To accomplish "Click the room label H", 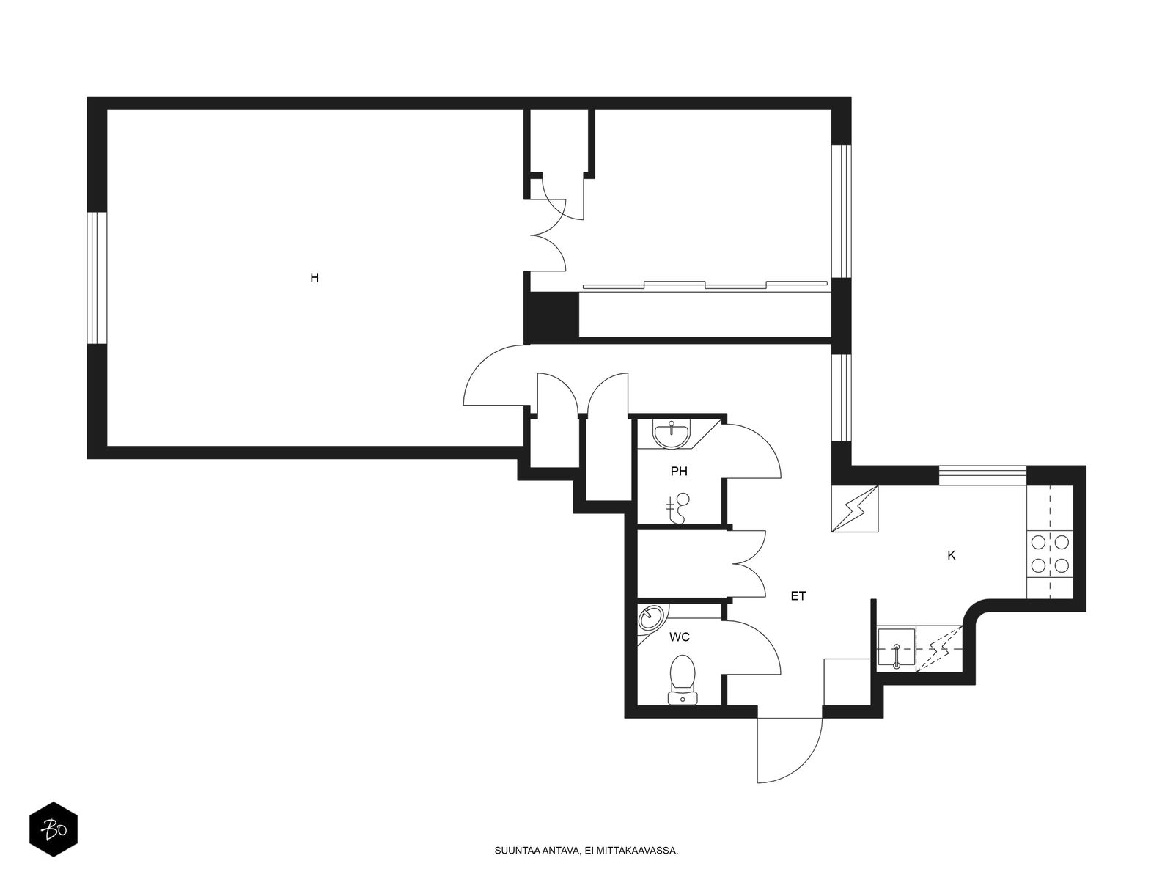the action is [315, 278].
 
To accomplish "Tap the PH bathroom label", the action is [679, 472].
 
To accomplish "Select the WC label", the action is [679, 637].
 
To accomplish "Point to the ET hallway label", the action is [798, 596].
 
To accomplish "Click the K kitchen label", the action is [951, 556].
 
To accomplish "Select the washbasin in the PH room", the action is [672, 434].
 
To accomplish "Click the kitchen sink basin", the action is [896, 649].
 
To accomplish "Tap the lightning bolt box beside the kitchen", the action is [855, 508].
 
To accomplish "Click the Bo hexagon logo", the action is [54, 829].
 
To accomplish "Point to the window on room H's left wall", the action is [97, 278].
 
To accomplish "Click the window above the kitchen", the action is [983, 475].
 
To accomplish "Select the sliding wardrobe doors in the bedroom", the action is [705, 285].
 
